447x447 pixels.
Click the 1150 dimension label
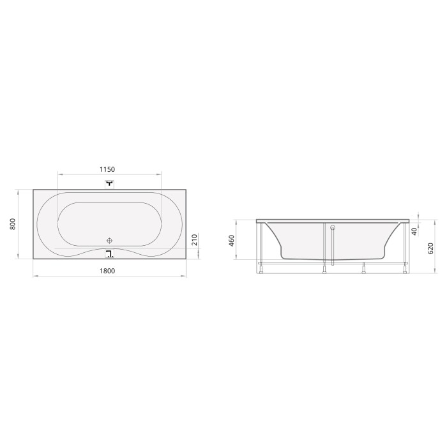[x=107, y=169]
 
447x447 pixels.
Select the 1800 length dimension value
[x=107, y=271]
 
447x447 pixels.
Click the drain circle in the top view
[x=109, y=240]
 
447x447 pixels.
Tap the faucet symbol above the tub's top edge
[x=109, y=184]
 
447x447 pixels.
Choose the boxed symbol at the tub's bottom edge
[x=109, y=254]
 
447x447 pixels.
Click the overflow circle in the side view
[x=333, y=226]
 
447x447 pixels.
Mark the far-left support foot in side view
[x=263, y=266]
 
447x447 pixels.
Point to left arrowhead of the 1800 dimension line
[x=34, y=277]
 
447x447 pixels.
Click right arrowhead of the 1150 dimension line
[x=160, y=174]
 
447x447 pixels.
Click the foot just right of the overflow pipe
[x=364, y=266]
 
